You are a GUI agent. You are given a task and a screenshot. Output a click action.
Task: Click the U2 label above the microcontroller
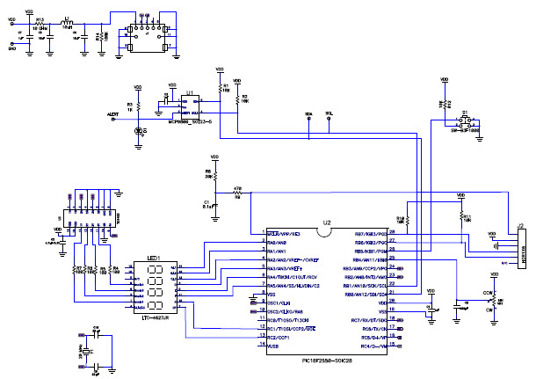pos(326,223)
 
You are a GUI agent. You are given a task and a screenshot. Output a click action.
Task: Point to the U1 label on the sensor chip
pos(189,91)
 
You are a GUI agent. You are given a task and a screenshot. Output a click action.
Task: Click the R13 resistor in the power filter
pos(40,24)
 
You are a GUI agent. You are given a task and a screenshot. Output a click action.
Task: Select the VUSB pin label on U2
pos(273,347)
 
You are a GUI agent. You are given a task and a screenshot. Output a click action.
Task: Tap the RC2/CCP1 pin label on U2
pos(279,338)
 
